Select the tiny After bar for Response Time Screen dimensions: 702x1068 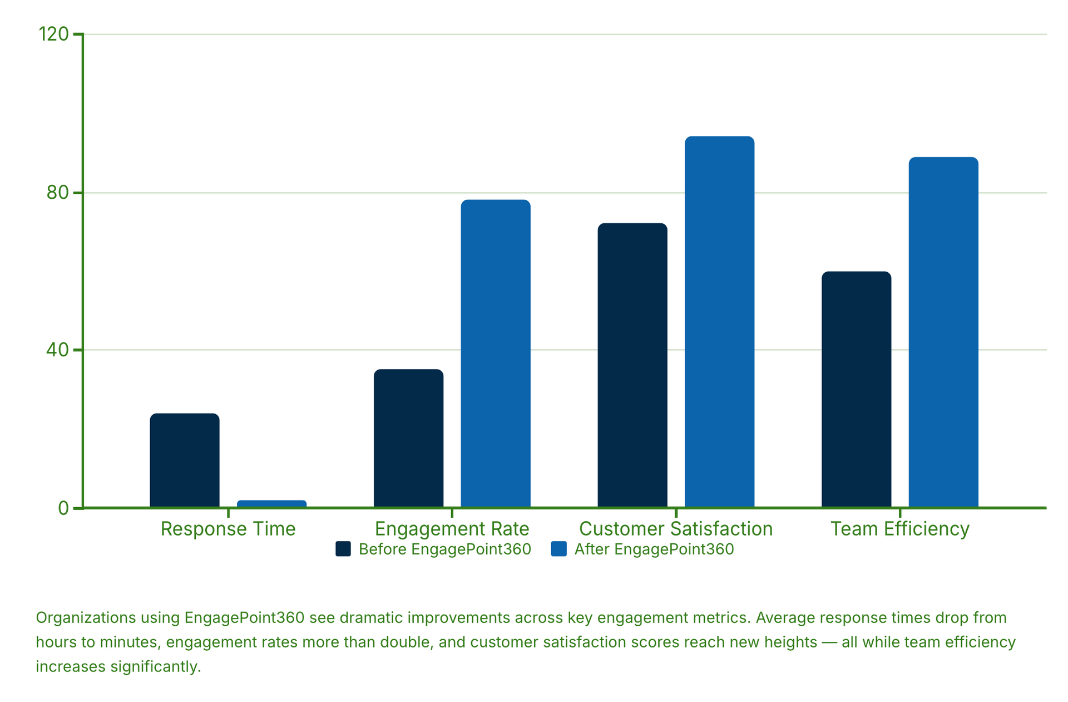(x=271, y=504)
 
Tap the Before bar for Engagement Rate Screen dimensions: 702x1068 (x=408, y=438)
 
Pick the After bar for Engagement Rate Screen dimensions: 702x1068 (x=496, y=353)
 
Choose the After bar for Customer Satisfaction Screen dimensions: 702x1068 (x=719, y=321)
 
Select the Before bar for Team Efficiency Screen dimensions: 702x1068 (x=856, y=389)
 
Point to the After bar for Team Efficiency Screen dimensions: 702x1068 (x=943, y=332)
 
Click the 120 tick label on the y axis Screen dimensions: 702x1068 (x=53, y=35)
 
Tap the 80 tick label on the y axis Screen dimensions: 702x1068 (x=57, y=193)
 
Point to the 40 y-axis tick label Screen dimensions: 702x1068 (x=57, y=350)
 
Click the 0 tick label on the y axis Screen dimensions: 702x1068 (x=63, y=508)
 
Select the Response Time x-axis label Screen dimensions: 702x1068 (x=228, y=529)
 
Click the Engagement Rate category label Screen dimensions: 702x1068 (x=452, y=529)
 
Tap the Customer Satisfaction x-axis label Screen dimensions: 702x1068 (x=676, y=529)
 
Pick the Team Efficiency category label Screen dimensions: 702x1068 (x=900, y=529)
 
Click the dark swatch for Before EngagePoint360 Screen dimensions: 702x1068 (x=343, y=549)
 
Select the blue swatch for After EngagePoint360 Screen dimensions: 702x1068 (x=558, y=549)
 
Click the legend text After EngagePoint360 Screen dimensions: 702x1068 (x=654, y=549)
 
